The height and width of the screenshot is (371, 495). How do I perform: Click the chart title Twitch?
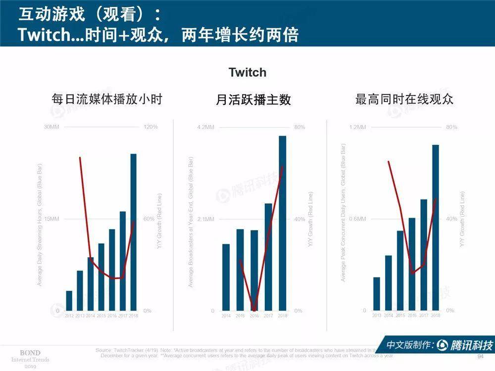pos(247,72)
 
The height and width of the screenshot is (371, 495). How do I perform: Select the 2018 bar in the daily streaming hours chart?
pos(133,232)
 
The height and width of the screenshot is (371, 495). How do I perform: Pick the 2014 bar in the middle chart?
pos(226,277)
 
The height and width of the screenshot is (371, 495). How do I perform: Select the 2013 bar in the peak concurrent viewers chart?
pos(377,294)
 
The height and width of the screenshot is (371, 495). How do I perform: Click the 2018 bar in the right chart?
pos(436,228)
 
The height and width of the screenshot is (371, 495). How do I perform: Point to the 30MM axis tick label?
pos(51,127)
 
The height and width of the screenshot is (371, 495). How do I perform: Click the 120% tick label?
pos(150,127)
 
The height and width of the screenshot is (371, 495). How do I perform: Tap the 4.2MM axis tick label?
pos(206,127)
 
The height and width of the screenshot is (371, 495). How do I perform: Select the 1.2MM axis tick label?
pos(357,127)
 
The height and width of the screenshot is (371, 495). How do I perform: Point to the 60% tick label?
pos(149,219)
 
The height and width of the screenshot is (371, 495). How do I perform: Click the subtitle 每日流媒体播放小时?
pos(107,99)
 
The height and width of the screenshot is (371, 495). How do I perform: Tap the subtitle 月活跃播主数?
pos(253,99)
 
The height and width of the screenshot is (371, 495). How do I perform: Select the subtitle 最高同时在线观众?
pos(404,99)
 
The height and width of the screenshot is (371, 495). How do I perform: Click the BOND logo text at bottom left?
pos(30,352)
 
